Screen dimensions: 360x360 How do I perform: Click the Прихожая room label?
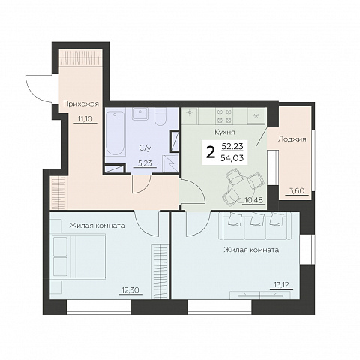coord(81,103)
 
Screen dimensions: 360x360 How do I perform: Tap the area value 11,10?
coord(85,119)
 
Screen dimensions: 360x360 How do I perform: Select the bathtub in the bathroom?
coord(115,133)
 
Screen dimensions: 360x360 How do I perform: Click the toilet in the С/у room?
coord(160,116)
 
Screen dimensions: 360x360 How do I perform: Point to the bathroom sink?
coord(140,114)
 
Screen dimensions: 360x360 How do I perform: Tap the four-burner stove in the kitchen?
coord(224,115)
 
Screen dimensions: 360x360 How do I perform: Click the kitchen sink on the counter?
coord(190,112)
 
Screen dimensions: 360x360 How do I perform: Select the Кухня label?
coord(225,132)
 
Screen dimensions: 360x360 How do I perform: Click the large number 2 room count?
coord(211,152)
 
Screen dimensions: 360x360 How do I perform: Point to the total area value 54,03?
coord(232,158)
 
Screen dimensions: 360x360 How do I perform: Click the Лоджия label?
coord(292,139)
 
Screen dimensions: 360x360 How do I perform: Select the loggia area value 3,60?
coord(296,191)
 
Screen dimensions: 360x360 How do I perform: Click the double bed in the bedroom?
coord(79,256)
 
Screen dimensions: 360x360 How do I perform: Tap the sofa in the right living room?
coord(255,226)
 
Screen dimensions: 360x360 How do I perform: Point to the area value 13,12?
coord(281,284)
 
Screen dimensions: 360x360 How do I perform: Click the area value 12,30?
coord(130,290)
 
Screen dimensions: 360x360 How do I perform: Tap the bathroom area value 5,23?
coord(145,163)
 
